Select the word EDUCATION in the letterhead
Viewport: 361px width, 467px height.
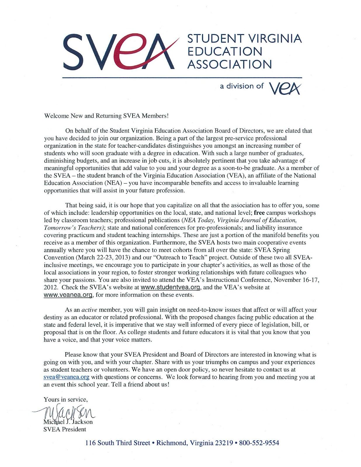pyautogui.click(x=225, y=51)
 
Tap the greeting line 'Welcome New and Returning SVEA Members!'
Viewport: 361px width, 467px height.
pyautogui.click(x=106, y=116)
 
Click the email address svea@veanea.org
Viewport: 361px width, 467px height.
pyautogui.click(x=66, y=377)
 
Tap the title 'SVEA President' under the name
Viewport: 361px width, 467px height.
pyautogui.click(x=65, y=429)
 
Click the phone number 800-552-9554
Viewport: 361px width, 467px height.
pyautogui.click(x=259, y=443)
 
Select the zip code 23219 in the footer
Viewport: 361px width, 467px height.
pyautogui.click(x=224, y=443)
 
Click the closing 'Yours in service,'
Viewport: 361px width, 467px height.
pyautogui.click(x=66, y=399)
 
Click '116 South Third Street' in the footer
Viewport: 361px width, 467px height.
pyautogui.click(x=117, y=443)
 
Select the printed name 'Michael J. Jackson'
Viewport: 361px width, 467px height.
pyautogui.click(x=68, y=422)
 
